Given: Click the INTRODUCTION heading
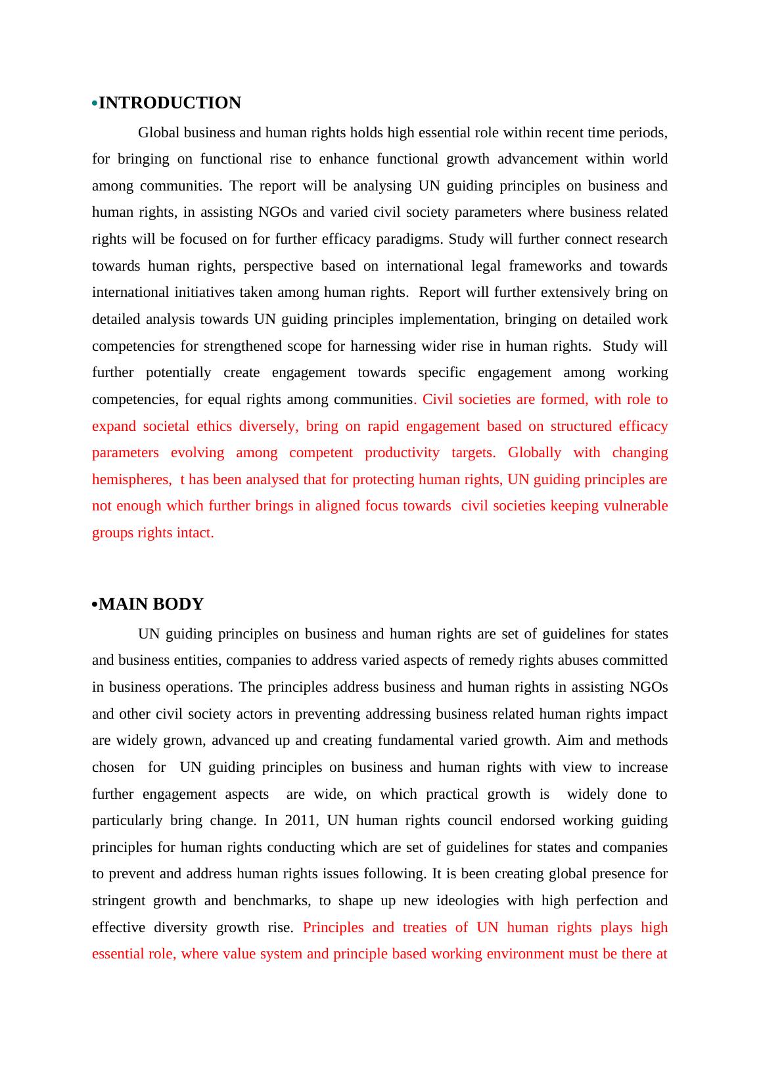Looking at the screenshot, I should point(170,103).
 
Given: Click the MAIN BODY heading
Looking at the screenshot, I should point(151,604).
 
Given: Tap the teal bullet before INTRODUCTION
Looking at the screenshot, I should point(95,104).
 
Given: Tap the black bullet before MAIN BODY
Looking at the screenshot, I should point(95,605).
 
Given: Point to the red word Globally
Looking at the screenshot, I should point(534,453).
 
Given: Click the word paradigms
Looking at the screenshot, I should point(410,239).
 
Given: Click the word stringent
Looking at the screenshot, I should point(118,901).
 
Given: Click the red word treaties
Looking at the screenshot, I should point(425,928).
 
